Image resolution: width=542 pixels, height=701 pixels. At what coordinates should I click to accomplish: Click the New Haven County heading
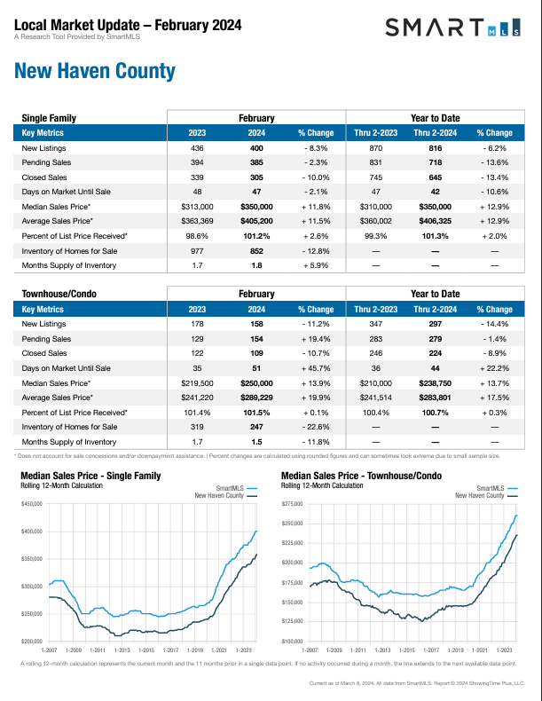(95, 71)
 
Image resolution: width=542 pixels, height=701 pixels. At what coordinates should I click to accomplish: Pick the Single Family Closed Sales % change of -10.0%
(315, 177)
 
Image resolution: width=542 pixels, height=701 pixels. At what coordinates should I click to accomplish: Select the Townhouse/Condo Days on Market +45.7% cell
(315, 368)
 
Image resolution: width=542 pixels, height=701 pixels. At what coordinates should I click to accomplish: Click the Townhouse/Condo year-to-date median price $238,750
(434, 382)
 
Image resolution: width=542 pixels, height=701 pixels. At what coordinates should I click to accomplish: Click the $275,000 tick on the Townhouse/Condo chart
(293, 504)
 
